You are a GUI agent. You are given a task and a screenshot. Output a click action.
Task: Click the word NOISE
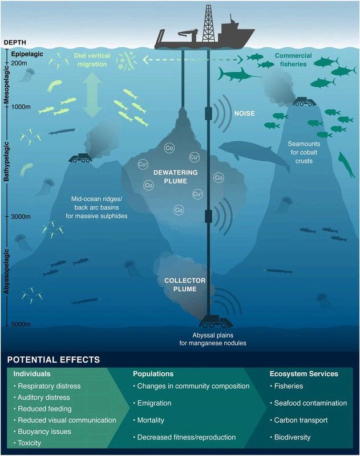(x=243, y=113)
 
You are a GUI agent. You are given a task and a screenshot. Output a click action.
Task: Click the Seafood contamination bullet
(x=310, y=402)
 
